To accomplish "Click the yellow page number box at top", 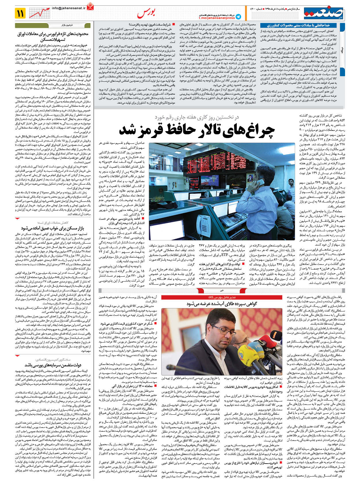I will (x=21, y=13).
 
